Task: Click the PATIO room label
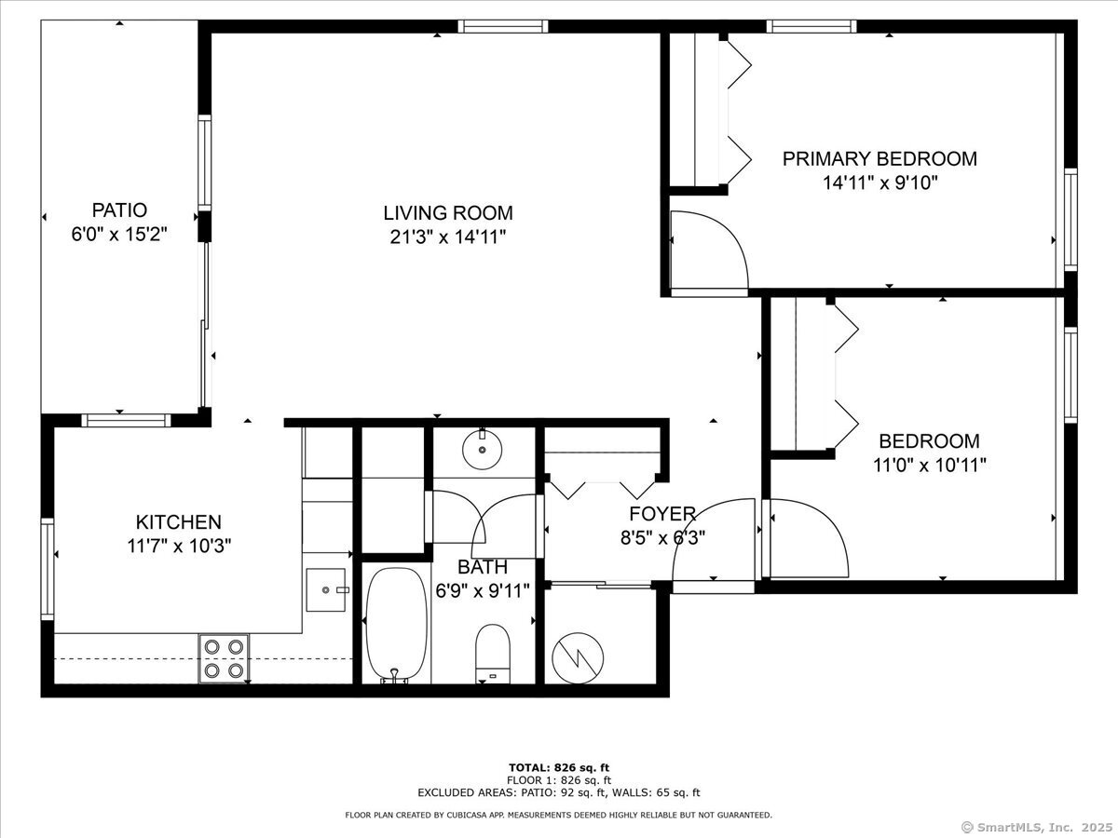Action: pos(119,210)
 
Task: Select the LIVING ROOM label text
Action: pos(448,213)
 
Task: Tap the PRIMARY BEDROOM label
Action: pos(879,158)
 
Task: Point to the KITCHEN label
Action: pos(179,522)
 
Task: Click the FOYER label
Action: pos(661,514)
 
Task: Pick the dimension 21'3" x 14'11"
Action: pos(448,237)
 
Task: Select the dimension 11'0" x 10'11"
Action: pos(929,465)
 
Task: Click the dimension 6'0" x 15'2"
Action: pos(119,235)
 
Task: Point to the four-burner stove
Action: pos(224,657)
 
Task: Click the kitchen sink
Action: pos(326,589)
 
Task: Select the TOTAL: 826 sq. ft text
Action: pos(559,766)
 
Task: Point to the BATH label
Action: pos(483,566)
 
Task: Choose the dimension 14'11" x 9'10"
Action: pos(879,182)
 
